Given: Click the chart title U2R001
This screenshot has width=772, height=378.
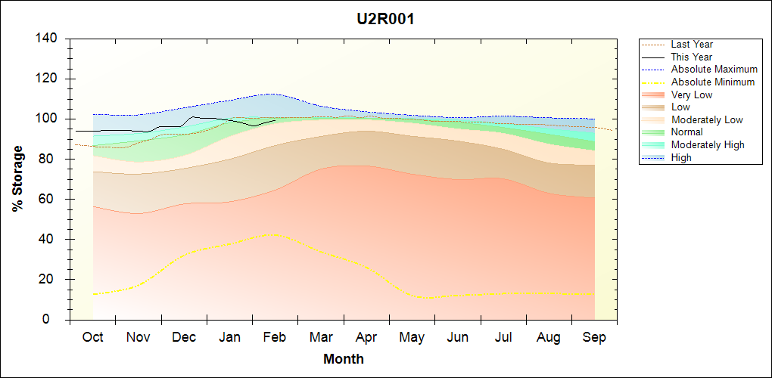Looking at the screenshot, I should (385, 19).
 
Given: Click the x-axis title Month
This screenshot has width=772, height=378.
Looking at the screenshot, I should (344, 359).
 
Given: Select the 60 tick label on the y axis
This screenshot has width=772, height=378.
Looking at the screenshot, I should (49, 200).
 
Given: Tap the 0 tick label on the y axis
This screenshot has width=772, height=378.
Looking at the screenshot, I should (53, 320).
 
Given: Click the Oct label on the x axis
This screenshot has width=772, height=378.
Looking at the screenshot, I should (92, 337).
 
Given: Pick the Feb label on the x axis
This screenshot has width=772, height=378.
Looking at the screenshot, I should (274, 337).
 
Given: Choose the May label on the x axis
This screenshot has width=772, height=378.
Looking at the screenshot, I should (412, 337).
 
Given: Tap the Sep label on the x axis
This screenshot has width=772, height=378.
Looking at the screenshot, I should (594, 337).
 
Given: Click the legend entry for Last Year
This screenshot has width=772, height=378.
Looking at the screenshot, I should (691, 45).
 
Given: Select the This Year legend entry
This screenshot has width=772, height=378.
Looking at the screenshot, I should (691, 57).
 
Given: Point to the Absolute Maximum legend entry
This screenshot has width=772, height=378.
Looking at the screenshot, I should (714, 70).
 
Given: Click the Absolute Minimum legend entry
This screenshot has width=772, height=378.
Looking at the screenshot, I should (712, 82).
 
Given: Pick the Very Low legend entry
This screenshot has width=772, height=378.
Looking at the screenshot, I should (691, 94).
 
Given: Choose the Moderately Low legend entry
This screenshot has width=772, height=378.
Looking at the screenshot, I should (707, 119).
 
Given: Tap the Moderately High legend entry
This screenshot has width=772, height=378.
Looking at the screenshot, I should (708, 144).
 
